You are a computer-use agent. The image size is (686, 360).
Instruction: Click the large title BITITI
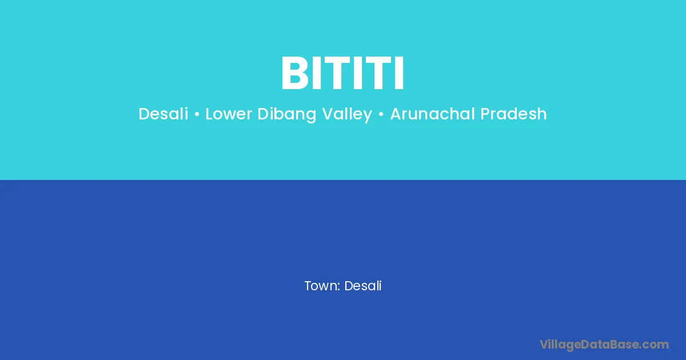[342, 73]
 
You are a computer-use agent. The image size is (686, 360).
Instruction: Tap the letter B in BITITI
[294, 73]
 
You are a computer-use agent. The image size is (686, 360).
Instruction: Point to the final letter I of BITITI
[400, 73]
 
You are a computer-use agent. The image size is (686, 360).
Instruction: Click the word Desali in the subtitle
[163, 114]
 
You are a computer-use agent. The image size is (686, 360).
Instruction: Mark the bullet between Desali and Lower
[197, 114]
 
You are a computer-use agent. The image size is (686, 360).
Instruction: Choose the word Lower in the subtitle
[229, 114]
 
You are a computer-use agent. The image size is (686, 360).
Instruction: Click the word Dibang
[286, 114]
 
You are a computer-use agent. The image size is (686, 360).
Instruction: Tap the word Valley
[347, 114]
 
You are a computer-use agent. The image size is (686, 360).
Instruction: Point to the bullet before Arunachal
[381, 114]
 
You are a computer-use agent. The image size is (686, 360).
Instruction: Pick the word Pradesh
[513, 114]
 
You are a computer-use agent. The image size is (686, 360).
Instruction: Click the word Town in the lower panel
[320, 286]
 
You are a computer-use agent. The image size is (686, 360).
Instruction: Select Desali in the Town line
[363, 286]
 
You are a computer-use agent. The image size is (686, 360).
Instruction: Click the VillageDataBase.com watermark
[604, 345]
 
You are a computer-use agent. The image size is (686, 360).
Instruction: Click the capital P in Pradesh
[485, 114]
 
